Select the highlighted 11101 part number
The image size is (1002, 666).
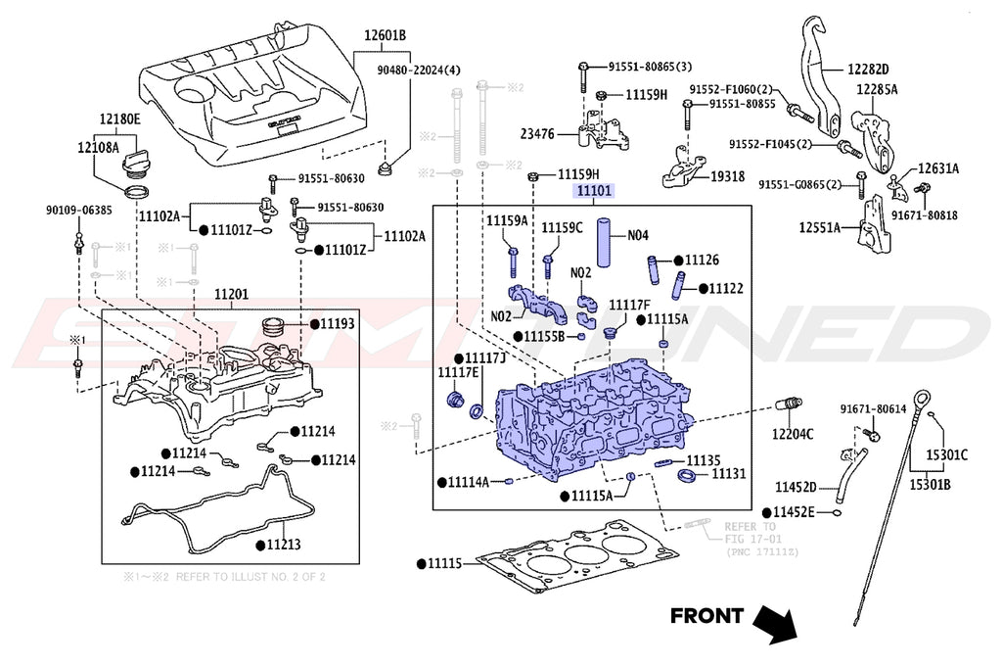click(x=594, y=192)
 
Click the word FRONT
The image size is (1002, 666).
click(x=706, y=616)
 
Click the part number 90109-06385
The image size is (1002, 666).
click(x=78, y=210)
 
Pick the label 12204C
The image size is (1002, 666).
click(x=793, y=433)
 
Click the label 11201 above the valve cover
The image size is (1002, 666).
click(x=231, y=292)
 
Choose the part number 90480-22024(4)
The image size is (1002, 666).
click(x=419, y=71)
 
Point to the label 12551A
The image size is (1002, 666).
click(x=819, y=228)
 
